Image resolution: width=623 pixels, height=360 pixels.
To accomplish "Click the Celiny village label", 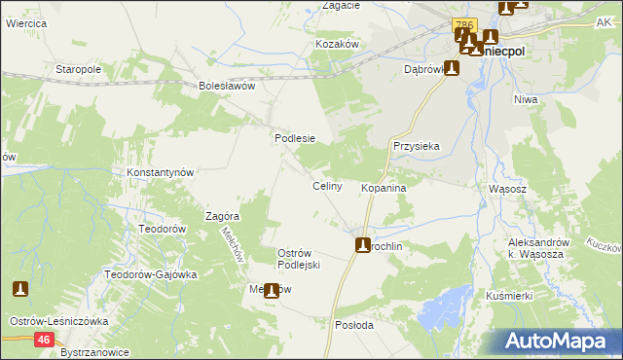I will (326, 186).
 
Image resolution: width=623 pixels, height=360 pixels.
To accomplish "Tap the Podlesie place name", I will (294, 138).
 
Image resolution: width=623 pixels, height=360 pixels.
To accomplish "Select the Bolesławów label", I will (226, 86).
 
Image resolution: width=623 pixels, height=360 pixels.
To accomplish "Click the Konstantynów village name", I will (162, 172).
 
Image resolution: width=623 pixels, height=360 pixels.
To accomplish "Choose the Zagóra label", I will (223, 216).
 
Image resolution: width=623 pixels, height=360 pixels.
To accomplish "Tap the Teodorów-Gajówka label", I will (151, 274).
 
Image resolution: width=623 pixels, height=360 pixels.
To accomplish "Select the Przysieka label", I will (417, 145).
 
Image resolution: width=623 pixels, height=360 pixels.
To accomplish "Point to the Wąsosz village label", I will (507, 188).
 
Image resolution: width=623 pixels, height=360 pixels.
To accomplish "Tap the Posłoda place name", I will (354, 325).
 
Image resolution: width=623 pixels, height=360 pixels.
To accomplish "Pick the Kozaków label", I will (339, 45).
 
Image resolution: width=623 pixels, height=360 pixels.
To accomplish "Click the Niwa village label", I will (527, 98).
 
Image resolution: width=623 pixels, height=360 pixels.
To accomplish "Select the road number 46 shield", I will (44, 339).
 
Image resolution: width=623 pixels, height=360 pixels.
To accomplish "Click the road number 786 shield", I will (464, 24).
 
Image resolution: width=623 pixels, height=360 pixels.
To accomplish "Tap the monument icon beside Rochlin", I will (363, 245).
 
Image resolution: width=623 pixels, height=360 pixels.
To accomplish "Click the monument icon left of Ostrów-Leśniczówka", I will (20, 289).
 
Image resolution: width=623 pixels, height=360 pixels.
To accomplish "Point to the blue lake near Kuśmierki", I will (443, 313).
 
